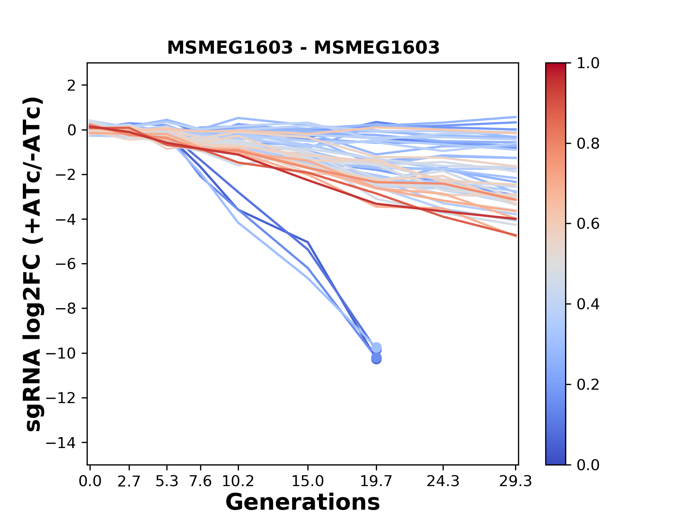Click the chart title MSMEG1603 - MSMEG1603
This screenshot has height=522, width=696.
click(x=303, y=48)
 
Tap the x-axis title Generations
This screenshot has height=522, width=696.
click(x=303, y=502)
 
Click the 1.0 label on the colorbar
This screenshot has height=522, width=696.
click(x=588, y=63)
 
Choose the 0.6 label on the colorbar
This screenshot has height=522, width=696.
click(x=588, y=224)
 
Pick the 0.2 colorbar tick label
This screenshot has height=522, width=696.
click(x=588, y=385)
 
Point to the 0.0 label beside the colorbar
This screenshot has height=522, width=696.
click(x=588, y=465)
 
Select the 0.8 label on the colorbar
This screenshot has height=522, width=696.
click(x=588, y=144)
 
